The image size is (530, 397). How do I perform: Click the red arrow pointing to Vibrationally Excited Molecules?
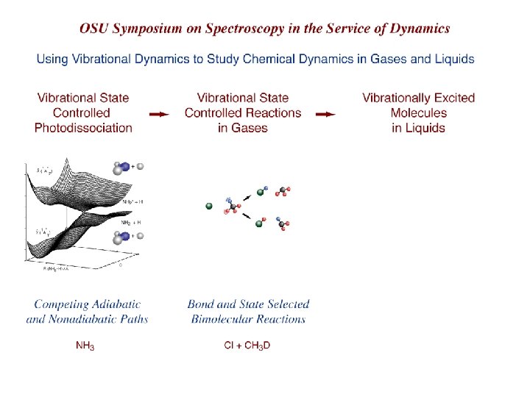pos(325,114)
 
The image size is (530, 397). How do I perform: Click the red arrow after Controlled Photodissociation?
pos(159,114)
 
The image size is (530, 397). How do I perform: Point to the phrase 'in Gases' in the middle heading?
pos(243,128)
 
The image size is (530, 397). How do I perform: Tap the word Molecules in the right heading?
pos(419,112)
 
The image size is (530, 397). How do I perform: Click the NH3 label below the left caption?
pos(85,346)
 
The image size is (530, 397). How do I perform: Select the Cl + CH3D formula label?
pos(247,346)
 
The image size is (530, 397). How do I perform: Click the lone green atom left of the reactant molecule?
pos(209,207)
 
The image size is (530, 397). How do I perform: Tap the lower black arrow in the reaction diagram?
pos(248,218)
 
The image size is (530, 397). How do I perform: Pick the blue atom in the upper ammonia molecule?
pos(124,167)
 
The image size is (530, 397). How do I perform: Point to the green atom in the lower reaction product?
pos(259,224)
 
